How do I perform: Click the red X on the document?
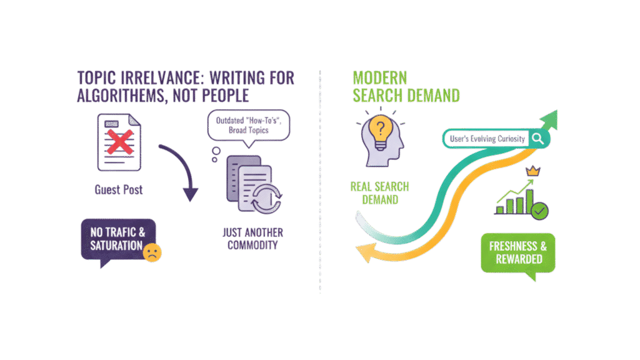click(118, 142)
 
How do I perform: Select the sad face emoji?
click(151, 252)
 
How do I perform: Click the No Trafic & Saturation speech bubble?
click(118, 239)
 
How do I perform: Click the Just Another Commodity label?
click(252, 239)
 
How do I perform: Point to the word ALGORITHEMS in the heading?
click(119, 95)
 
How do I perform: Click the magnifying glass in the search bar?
click(536, 139)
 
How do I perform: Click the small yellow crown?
click(534, 171)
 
